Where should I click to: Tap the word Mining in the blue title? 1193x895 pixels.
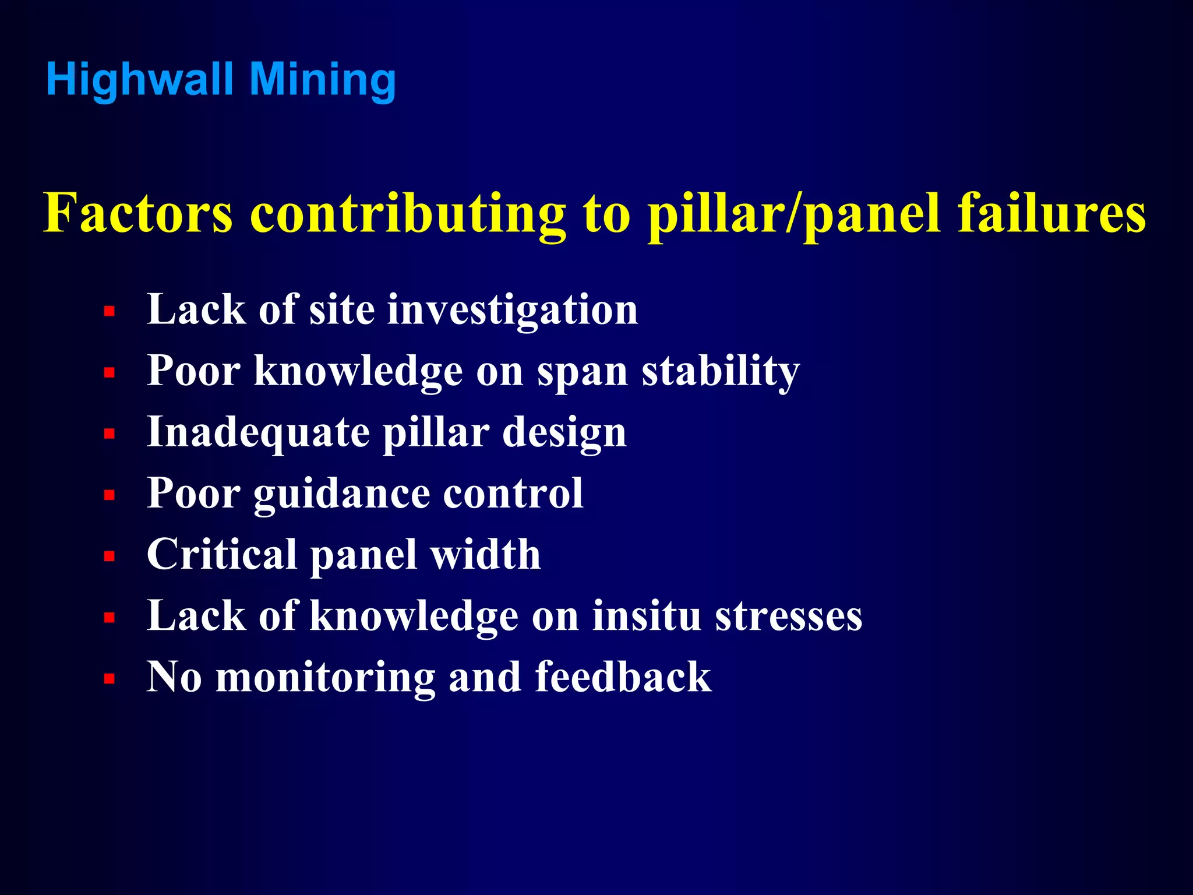[x=323, y=80]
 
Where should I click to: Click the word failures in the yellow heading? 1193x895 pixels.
[x=1052, y=213]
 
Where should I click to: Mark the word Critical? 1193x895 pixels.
[x=222, y=554]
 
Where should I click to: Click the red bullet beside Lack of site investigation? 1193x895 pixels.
[x=109, y=312]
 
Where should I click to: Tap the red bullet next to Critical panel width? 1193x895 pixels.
[x=109, y=556]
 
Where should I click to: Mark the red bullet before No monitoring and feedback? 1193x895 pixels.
[x=109, y=679]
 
